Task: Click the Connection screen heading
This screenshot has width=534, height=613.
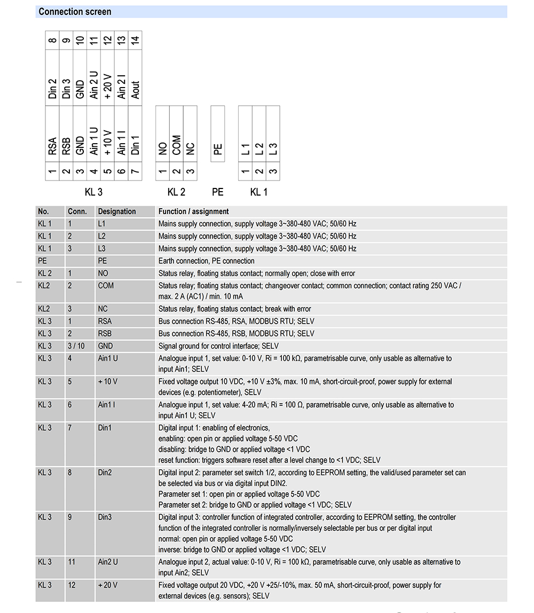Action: pos(75,12)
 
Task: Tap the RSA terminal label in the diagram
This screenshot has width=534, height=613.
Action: pos(52,146)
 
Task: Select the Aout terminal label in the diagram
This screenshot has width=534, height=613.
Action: pos(136,89)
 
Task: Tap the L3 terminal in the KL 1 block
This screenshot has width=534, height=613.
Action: pos(273,149)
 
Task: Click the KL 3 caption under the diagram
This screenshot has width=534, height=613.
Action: pos(93,192)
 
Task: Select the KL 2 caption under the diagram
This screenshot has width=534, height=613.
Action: pos(176,192)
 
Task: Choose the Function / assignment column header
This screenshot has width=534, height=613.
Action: pos(193,211)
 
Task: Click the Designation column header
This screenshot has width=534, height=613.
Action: pos(117,211)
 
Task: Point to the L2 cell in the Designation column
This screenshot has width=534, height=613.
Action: pos(103,236)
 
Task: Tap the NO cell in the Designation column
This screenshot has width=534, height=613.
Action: pos(103,273)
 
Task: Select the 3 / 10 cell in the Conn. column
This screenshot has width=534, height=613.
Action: pos(76,346)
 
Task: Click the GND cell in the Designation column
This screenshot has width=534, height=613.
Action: pos(105,346)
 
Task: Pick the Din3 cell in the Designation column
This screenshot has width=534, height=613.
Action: pos(105,517)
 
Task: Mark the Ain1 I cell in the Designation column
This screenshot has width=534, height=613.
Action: pos(106,405)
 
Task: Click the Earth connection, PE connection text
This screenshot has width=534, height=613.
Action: pos(206,261)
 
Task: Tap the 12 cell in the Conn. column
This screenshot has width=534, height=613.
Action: pos(72,585)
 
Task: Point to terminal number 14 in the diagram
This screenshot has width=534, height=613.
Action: pos(136,40)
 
